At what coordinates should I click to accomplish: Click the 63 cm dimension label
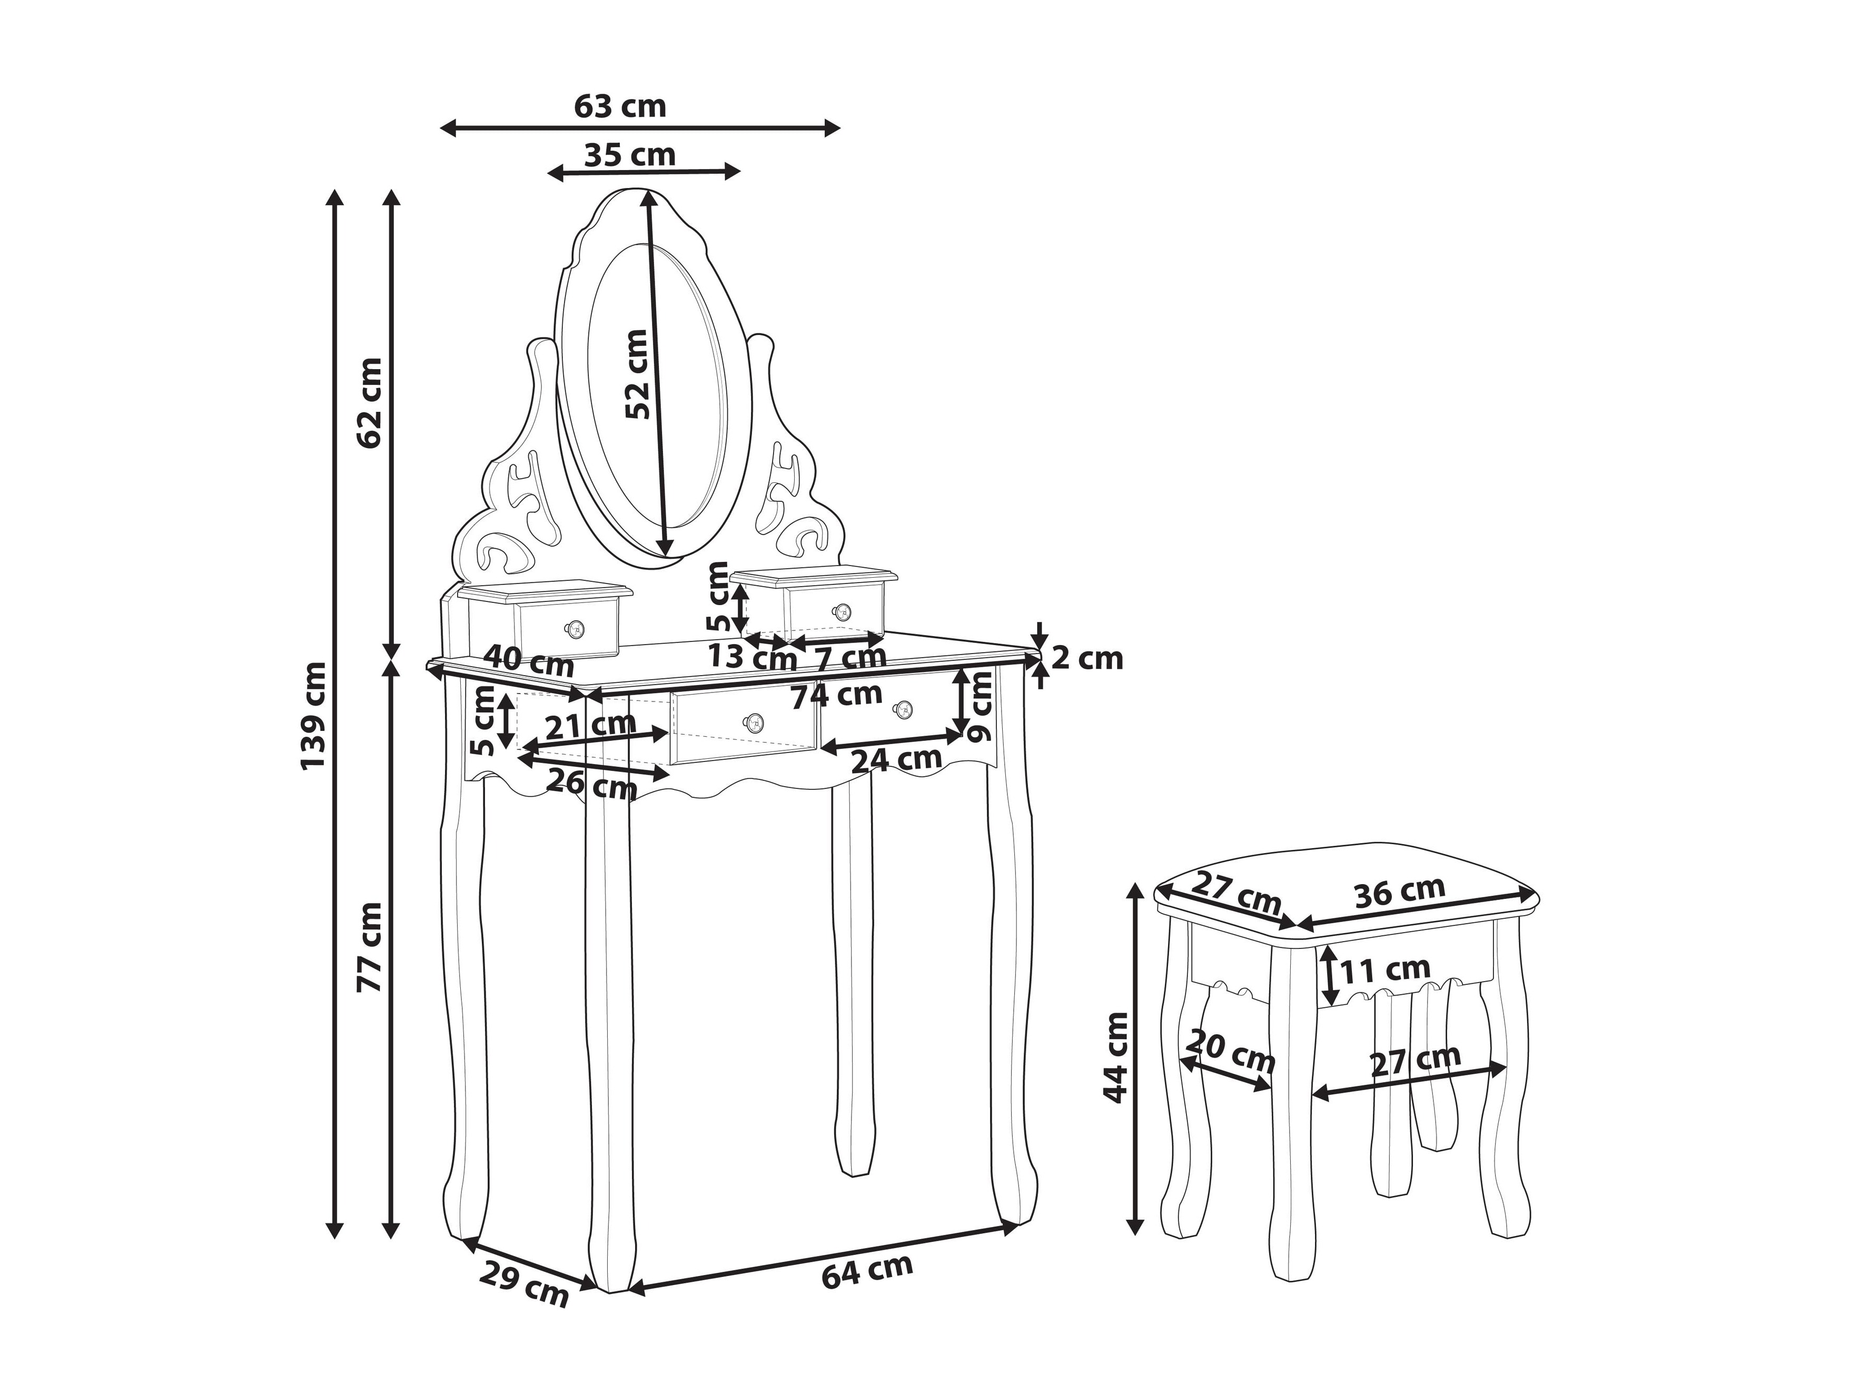click(620, 107)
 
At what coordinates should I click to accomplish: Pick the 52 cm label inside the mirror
click(637, 374)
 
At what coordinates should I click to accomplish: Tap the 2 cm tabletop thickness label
click(1087, 658)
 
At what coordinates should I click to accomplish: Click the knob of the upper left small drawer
click(575, 627)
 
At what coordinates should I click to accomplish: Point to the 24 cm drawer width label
click(896, 760)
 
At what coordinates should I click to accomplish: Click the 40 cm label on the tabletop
click(529, 661)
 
